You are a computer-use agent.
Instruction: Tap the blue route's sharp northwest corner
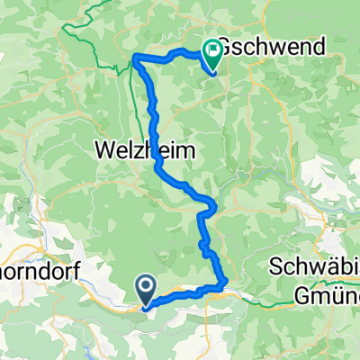pyautogui.click(x=136, y=58)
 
